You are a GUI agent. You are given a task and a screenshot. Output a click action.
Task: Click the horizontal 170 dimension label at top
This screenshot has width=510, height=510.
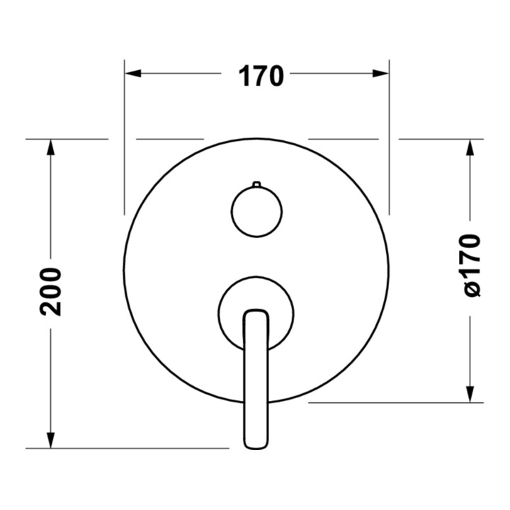261,76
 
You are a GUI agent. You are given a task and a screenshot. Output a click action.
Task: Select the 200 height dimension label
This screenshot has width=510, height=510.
51,291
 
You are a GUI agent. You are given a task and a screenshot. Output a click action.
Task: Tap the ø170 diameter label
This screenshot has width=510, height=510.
470,266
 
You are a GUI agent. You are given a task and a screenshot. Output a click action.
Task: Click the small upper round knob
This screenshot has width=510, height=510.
256,211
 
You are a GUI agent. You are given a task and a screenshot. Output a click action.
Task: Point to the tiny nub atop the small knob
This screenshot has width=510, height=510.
256,184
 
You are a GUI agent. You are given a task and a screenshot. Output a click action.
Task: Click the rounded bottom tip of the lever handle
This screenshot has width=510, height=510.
256,446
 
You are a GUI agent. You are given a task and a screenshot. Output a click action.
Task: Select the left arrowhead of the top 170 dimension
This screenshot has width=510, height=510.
132,74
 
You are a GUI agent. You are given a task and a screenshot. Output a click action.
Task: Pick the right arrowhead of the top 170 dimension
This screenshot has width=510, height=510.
381,74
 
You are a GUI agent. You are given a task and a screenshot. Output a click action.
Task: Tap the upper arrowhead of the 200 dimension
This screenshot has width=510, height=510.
50,147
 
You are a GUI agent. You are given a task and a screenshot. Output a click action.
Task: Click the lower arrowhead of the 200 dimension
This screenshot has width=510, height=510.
50,440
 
